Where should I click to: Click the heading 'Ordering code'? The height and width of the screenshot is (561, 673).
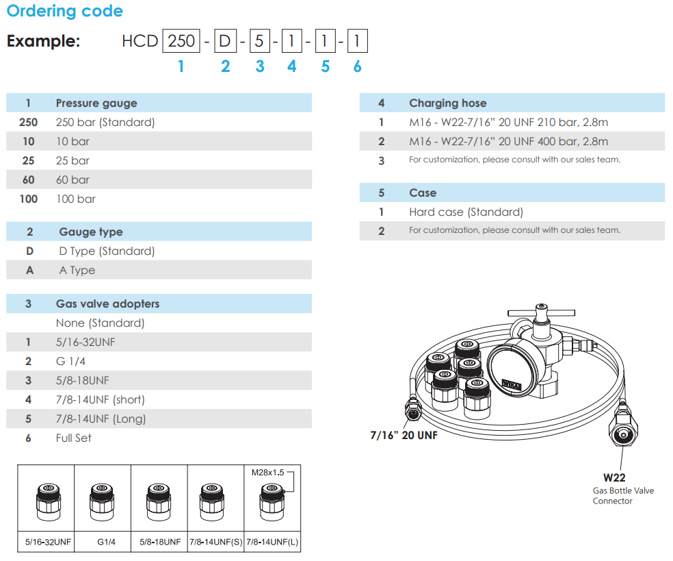coord(65,12)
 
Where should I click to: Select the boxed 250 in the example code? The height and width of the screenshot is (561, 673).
coord(181,41)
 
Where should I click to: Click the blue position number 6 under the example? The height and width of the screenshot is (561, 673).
coord(357,66)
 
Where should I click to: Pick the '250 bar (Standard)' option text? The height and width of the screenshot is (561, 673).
coord(105,123)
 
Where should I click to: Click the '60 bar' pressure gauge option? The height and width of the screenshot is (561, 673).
coord(72,180)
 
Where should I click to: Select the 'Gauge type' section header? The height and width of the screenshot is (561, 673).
coord(91,232)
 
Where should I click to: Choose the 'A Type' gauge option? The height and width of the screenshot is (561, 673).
coord(77,271)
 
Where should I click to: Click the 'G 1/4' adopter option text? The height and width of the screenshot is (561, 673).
coord(70,362)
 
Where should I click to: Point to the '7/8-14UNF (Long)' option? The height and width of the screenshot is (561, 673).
coord(101,419)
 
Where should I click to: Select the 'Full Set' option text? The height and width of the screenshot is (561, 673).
coord(73,438)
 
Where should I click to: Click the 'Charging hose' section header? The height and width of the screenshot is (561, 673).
coord(448,103)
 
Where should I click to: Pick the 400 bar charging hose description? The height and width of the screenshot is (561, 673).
coord(508,142)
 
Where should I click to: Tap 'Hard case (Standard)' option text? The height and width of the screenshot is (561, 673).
coord(466,212)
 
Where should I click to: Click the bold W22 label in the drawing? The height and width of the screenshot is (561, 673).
coord(614,478)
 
